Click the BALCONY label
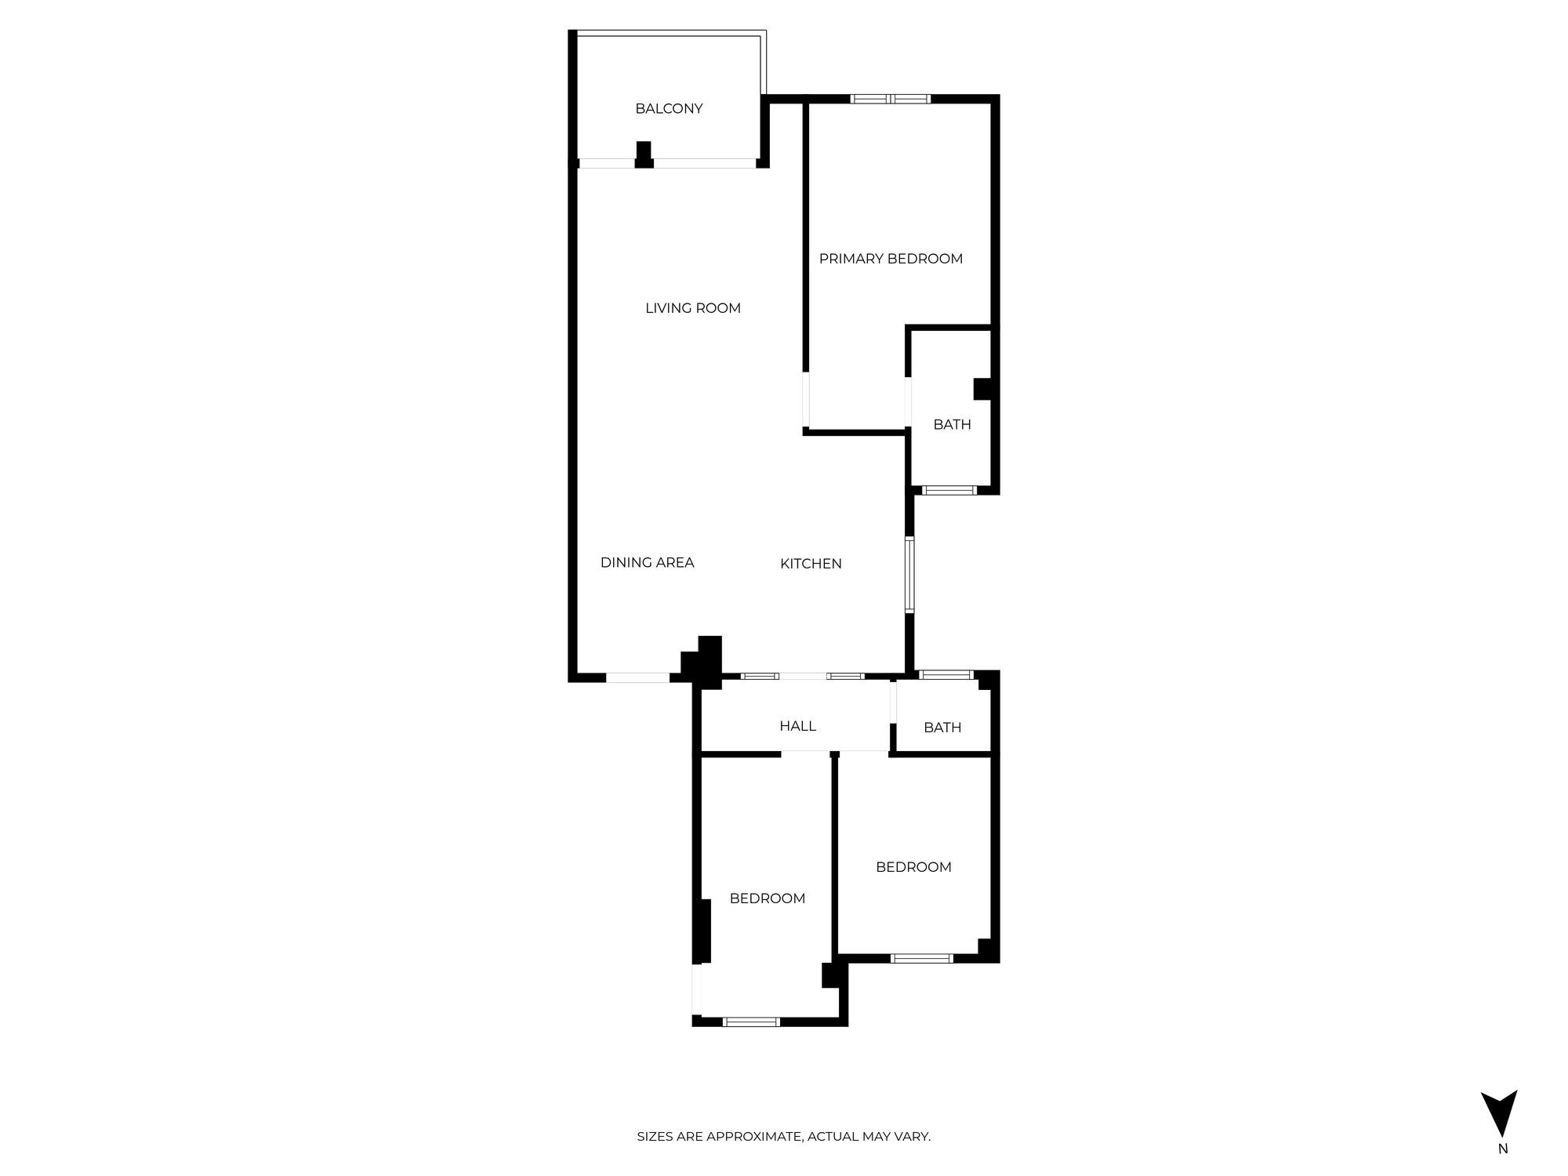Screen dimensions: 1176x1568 [669, 109]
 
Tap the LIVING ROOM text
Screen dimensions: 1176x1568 [693, 308]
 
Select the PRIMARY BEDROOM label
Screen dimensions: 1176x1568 [891, 259]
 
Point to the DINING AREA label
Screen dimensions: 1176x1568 [648, 562]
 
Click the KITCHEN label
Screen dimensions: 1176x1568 [811, 564]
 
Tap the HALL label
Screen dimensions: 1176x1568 [797, 726]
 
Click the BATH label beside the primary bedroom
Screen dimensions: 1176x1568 [952, 425]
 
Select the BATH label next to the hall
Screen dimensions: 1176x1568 [942, 728]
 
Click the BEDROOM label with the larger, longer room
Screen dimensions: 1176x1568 [768, 898]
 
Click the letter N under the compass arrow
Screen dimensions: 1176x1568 [1503, 1149]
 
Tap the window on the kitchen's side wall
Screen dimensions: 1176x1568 [909, 575]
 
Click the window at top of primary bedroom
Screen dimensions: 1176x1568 [891, 99]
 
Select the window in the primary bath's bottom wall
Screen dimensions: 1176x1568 [949, 491]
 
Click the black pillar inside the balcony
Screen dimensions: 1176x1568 [644, 154]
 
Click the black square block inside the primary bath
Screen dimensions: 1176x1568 [982, 390]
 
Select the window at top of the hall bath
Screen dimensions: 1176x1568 [946, 674]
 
